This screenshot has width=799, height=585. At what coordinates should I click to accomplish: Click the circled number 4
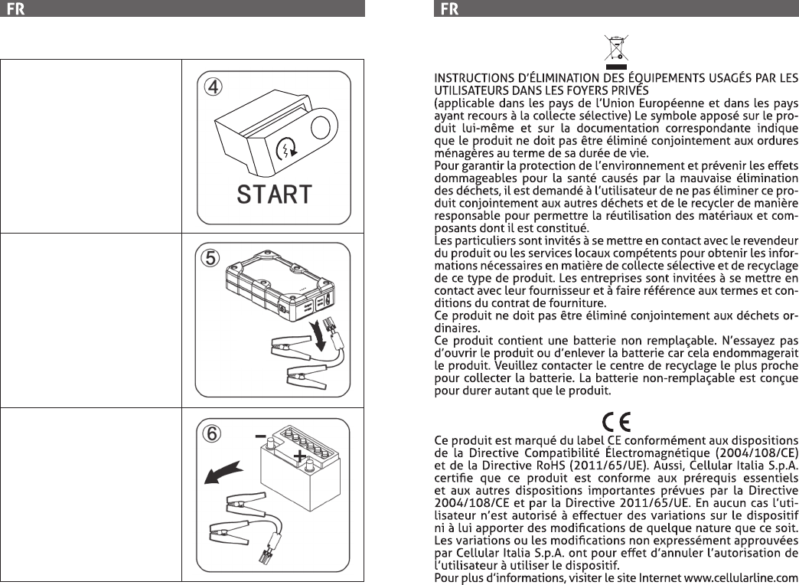pos(213,87)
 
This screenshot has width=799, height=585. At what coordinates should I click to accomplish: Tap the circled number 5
pos(210,258)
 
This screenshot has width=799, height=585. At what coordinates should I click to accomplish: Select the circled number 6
pos(212,433)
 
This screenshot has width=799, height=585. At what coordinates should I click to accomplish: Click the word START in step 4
pos(274,194)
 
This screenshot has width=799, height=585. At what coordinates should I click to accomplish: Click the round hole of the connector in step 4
pos(321,128)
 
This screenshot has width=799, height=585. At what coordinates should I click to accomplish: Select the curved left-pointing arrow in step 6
pos(223,472)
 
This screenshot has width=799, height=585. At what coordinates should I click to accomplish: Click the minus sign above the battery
pos(260,436)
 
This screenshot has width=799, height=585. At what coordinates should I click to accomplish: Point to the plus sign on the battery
pos(300,456)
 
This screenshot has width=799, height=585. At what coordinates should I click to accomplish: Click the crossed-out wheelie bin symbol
pos(616,51)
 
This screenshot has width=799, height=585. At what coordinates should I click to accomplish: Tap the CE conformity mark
pos(616,422)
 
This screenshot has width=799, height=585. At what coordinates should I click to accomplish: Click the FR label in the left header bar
pos(16,9)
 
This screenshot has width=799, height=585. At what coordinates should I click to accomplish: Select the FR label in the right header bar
pos(449,9)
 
